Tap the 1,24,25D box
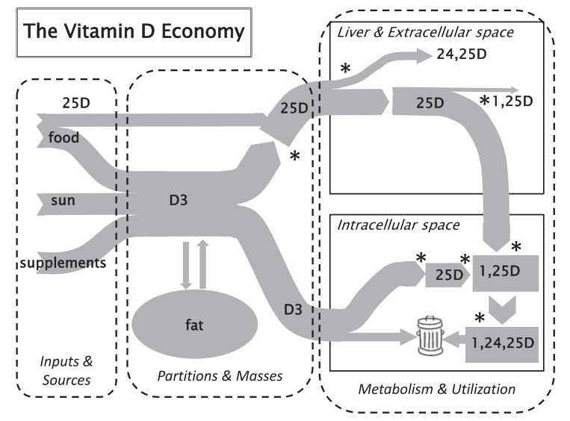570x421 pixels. pyautogui.click(x=504, y=343)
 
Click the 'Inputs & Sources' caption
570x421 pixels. pyautogui.click(x=66, y=371)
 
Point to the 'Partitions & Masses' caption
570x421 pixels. pyautogui.click(x=220, y=375)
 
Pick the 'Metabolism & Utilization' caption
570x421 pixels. pyautogui.click(x=437, y=388)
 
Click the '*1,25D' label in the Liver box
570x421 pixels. pyautogui.click(x=508, y=102)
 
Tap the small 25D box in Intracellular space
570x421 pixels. pyautogui.click(x=446, y=275)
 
